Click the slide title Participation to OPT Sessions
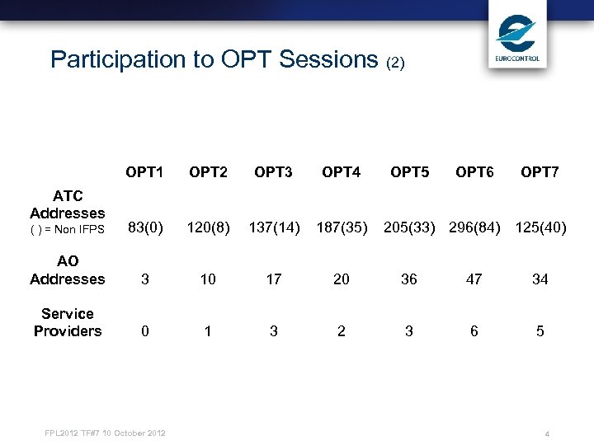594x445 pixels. [x=227, y=59]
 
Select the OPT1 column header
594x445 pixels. [x=144, y=172]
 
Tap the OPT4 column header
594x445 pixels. [x=341, y=172]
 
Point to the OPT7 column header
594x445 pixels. [x=540, y=172]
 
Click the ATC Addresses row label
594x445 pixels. [x=68, y=204]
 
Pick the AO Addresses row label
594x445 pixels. [x=68, y=270]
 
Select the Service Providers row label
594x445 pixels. [x=68, y=322]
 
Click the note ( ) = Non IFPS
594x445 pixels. [x=68, y=230]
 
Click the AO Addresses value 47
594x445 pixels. [x=474, y=279]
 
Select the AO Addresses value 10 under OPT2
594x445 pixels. [x=208, y=279]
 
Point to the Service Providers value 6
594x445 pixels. [x=474, y=331]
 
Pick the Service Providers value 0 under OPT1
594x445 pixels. [x=145, y=331]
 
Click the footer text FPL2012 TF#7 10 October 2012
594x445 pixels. [x=105, y=433]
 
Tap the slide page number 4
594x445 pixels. [x=547, y=434]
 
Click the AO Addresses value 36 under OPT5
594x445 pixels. [x=408, y=279]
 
